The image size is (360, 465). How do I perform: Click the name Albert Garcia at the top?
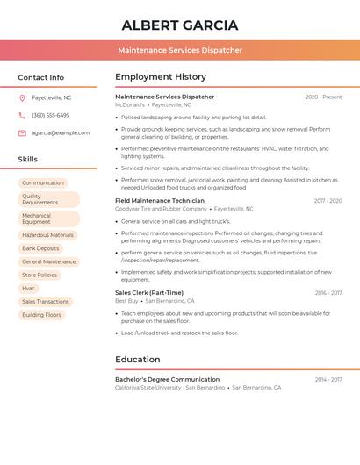click(180, 25)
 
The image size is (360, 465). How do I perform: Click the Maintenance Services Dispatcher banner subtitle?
click(180, 50)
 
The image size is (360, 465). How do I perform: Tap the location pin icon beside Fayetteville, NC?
click(22, 97)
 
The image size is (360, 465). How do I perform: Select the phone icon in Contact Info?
click(22, 115)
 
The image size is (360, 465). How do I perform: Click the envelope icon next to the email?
click(22, 132)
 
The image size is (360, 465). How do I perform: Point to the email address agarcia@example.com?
click(61, 132)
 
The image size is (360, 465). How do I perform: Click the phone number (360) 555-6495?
click(51, 115)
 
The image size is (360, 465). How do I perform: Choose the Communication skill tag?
click(43, 182)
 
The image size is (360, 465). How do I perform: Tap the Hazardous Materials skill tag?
click(48, 235)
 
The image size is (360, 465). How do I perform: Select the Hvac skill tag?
click(29, 288)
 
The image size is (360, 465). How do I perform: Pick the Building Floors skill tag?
click(42, 314)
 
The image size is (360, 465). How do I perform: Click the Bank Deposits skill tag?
click(41, 248)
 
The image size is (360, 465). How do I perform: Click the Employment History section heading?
click(161, 77)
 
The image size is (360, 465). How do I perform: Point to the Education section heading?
click(138, 359)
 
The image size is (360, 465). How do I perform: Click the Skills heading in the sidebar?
click(28, 159)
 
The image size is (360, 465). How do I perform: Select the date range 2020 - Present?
click(323, 97)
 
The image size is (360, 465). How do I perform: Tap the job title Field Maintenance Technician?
click(159, 200)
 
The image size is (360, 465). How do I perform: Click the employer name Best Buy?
click(127, 301)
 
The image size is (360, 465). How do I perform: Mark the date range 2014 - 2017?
click(328, 380)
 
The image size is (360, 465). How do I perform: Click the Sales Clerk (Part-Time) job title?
click(149, 292)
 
